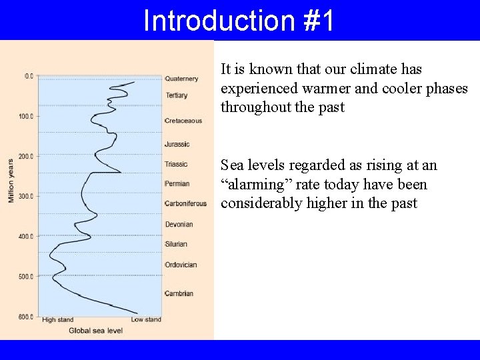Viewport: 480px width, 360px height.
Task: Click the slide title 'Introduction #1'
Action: [239, 21]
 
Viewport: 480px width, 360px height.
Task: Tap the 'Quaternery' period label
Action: [181, 79]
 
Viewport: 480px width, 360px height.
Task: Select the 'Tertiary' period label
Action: [176, 95]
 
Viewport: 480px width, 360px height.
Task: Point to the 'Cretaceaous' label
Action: [183, 121]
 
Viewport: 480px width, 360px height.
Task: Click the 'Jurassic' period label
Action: [177, 144]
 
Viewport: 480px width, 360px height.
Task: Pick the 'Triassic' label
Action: [176, 164]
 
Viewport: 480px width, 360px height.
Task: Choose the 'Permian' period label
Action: [177, 183]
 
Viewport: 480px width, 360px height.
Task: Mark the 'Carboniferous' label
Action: [185, 203]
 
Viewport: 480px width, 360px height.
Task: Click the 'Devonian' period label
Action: [179, 224]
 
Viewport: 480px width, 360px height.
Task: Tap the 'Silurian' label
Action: [176, 244]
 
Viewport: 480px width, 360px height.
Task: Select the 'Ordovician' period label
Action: [181, 265]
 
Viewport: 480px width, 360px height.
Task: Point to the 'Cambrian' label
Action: [179, 293]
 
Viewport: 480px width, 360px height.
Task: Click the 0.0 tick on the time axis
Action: [29, 76]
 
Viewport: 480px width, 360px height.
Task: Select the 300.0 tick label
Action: [26, 196]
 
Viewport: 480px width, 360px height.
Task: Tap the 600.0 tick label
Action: [26, 317]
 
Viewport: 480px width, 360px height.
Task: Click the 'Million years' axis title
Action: [11, 181]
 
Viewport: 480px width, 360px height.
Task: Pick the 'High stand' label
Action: [58, 320]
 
